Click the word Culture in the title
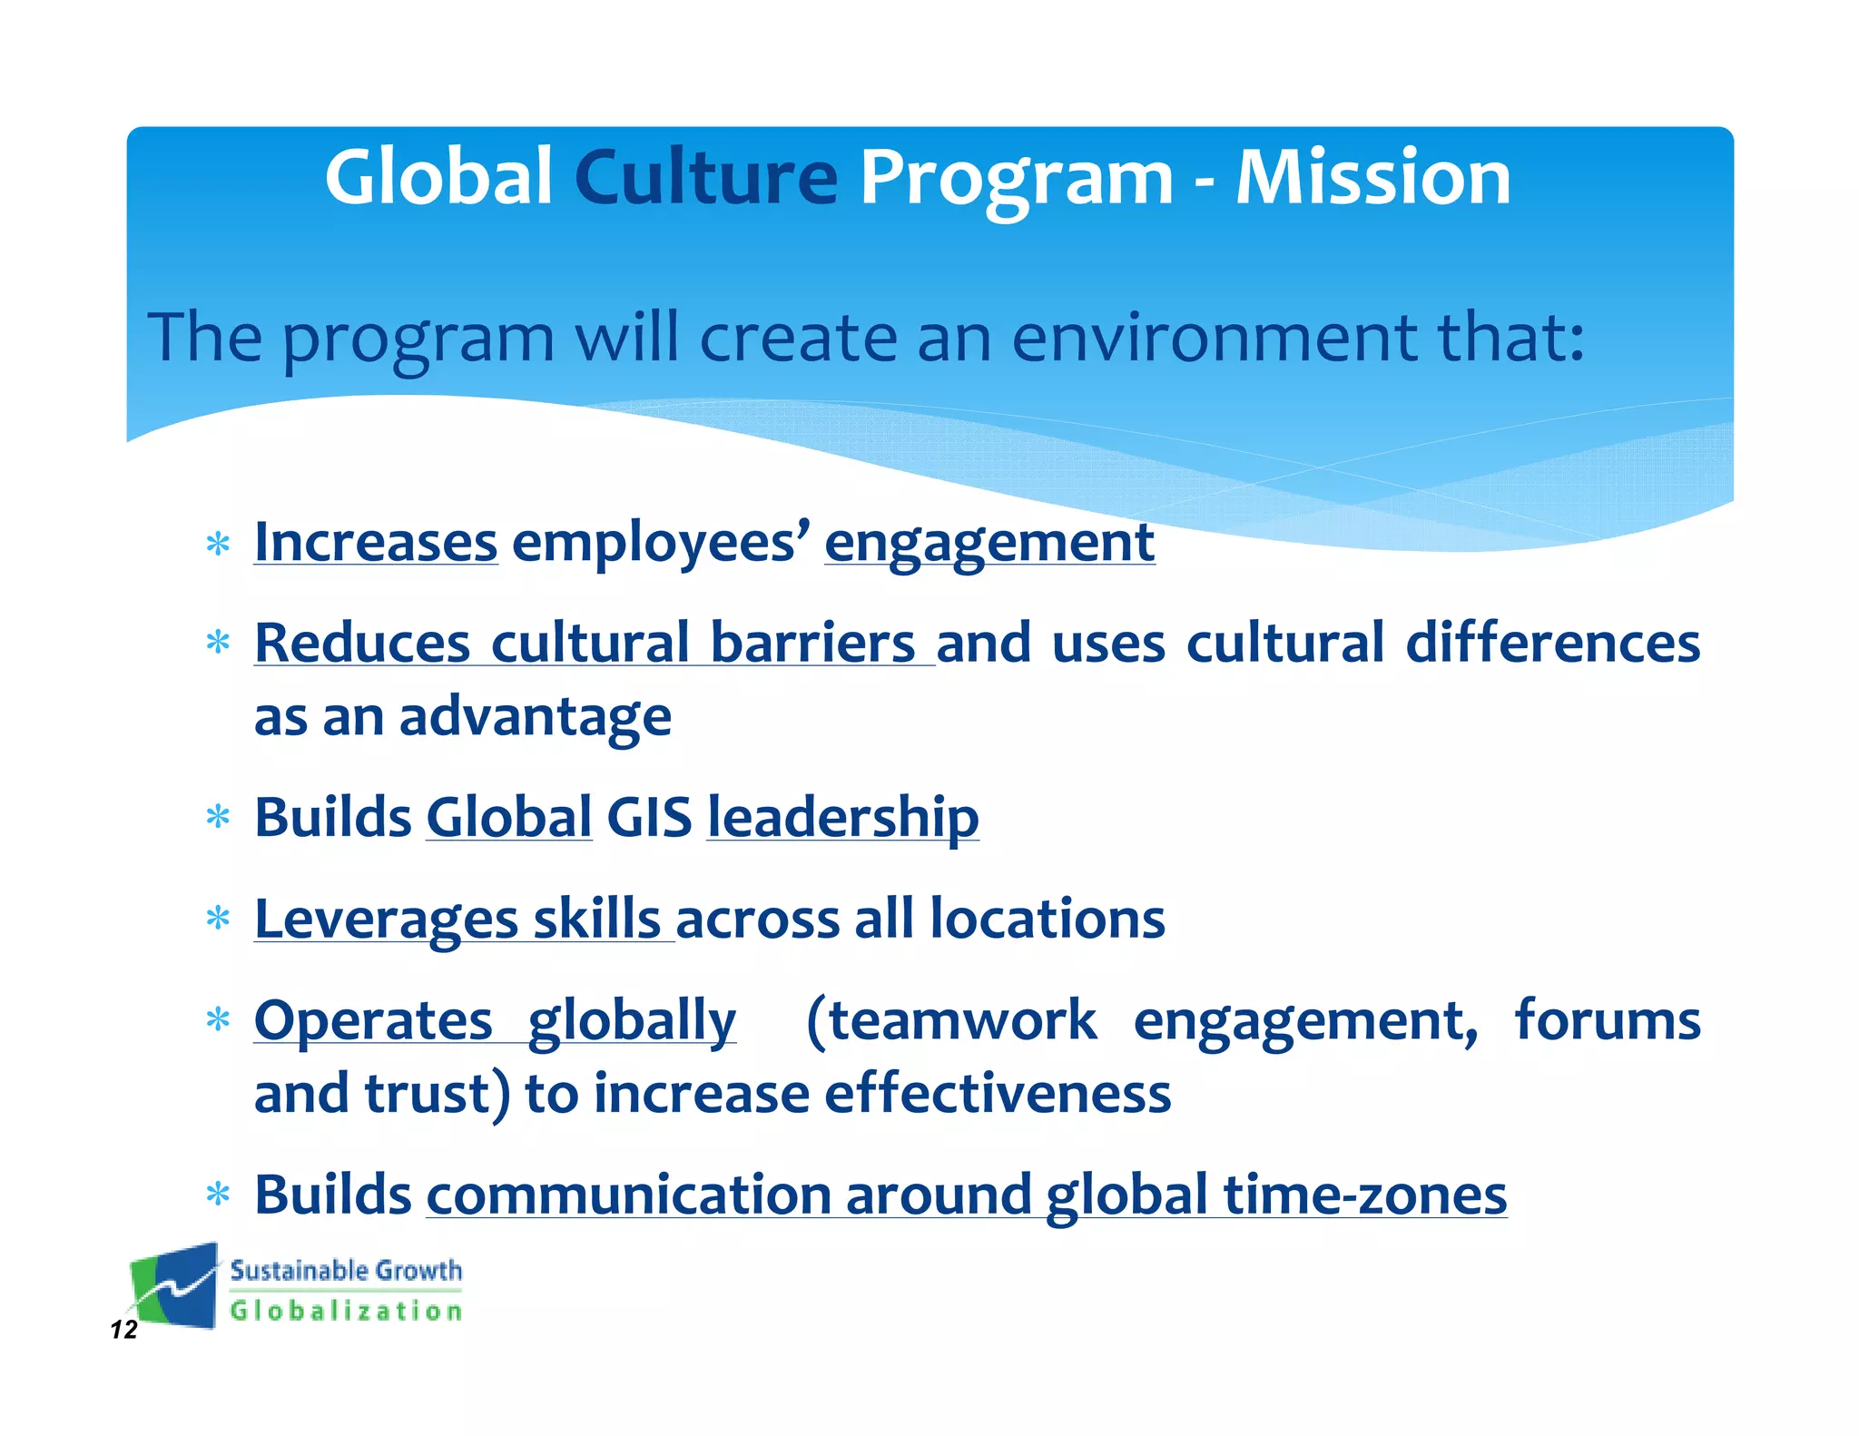(705, 178)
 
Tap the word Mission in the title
(1372, 178)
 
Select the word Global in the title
(438, 178)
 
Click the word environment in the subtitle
(1214, 338)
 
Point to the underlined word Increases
(375, 543)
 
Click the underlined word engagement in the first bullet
(989, 543)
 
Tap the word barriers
(812, 643)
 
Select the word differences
(1552, 643)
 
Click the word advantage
(535, 717)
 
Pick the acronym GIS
(649, 817)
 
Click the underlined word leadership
(842, 817)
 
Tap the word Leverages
(386, 919)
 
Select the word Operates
(373, 1020)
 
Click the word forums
(1607, 1020)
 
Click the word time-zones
(1364, 1195)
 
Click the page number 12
(123, 1330)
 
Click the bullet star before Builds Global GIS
(218, 817)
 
